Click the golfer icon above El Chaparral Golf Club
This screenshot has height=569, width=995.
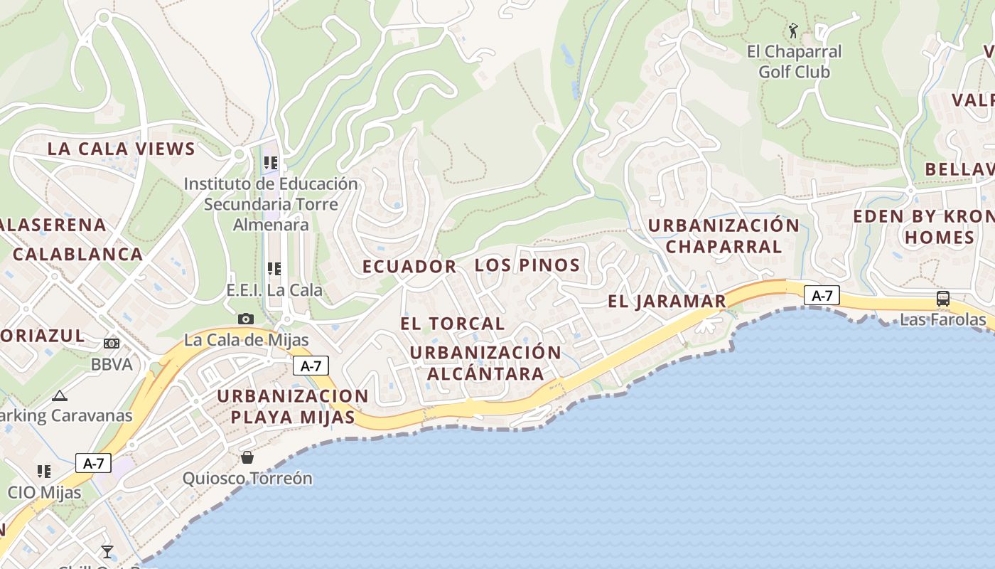793,31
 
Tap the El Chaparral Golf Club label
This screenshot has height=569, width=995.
794,62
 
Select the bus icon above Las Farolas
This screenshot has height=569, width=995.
942,299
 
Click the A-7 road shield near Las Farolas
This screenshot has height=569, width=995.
822,295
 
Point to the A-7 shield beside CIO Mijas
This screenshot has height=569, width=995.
93,463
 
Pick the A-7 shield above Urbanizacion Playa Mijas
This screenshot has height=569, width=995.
311,366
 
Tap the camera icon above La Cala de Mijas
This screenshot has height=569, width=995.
246,319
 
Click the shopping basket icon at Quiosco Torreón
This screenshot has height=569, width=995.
247,457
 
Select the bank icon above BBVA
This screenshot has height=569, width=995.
112,344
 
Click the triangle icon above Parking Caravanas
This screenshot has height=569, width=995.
60,395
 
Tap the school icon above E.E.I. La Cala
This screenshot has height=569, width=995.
274,269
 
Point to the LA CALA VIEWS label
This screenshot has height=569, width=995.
121,149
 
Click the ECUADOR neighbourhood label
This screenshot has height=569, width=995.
409,267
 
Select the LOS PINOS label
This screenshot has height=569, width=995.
527,265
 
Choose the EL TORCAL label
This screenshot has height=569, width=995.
452,324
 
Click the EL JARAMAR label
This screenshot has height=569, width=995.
667,301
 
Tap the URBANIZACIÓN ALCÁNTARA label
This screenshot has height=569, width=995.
485,363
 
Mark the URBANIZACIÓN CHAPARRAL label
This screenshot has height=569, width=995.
724,236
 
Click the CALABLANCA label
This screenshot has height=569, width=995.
77,254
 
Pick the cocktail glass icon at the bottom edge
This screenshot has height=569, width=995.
107,551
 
